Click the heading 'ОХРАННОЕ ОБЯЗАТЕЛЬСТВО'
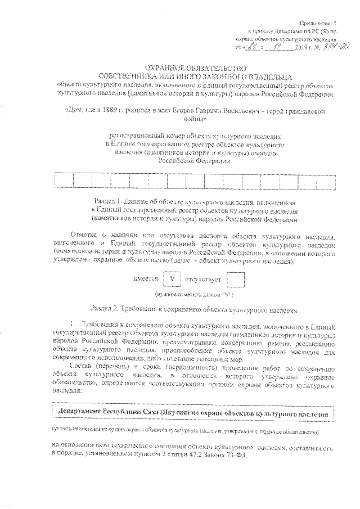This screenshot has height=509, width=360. (186, 66)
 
